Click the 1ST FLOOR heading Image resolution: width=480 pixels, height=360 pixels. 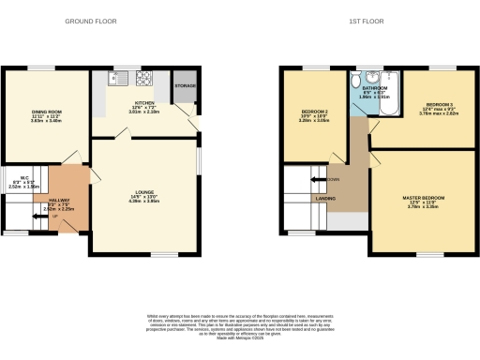tap(379, 20)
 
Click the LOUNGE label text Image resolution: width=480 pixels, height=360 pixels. tap(143, 192)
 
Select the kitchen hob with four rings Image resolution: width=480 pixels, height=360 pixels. tap(146, 79)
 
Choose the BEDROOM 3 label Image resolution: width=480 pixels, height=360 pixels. tap(440, 104)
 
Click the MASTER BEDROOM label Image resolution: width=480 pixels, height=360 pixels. tap(424, 198)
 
